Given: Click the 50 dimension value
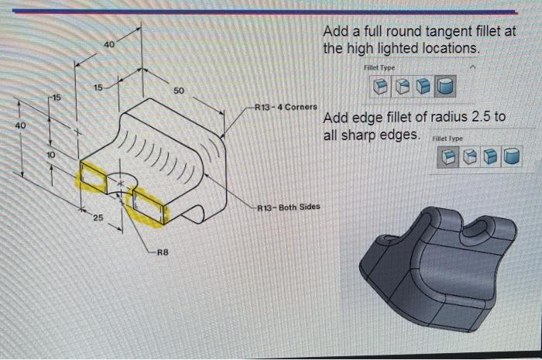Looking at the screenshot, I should (x=178, y=91).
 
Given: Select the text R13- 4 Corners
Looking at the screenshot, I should (x=286, y=106).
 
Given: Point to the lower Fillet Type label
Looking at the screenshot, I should (x=447, y=139).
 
